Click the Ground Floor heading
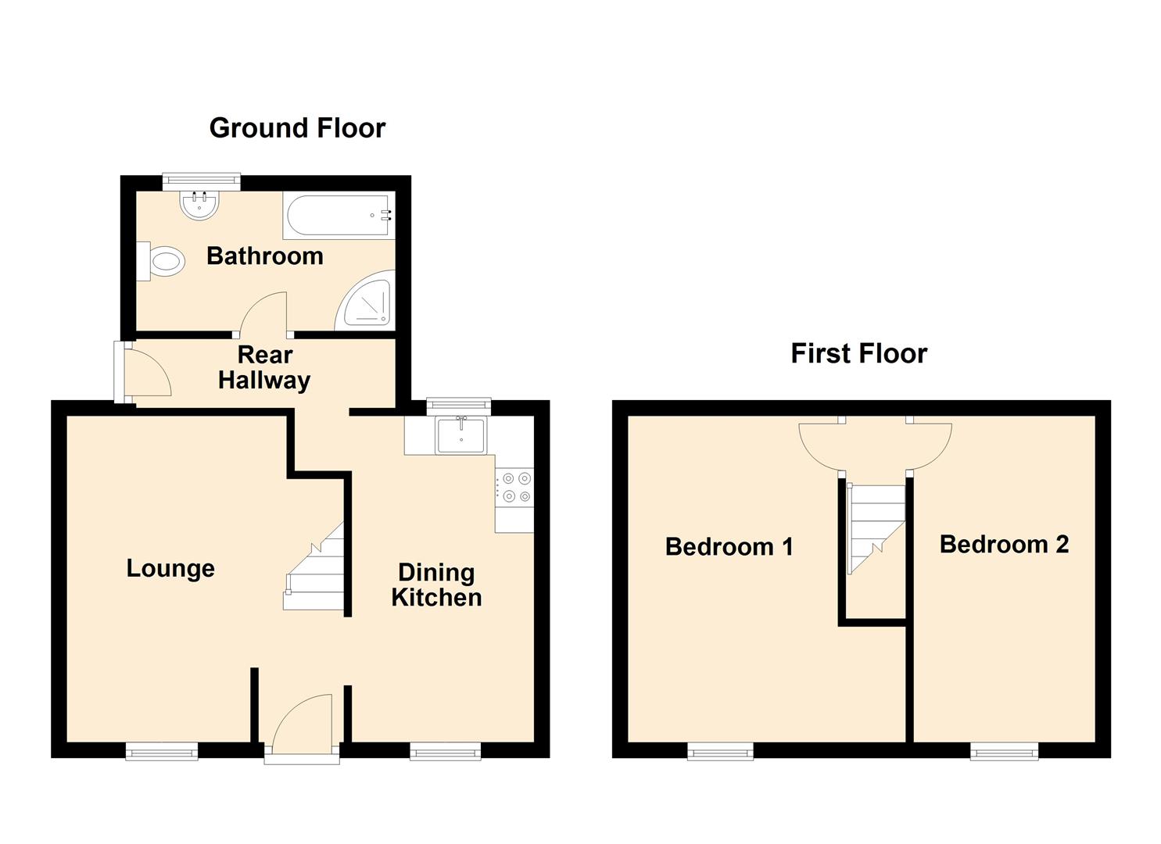coord(297,128)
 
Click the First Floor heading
coord(858,353)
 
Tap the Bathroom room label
coord(264,256)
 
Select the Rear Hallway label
coord(264,368)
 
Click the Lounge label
coord(170,568)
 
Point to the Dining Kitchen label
coord(436,585)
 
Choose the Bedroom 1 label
coord(729,546)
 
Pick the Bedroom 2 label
coord(1004,544)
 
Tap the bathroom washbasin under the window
coord(200,205)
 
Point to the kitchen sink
coord(461,435)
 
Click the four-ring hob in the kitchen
coord(515,487)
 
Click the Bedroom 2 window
coord(1005,752)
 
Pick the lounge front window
coord(162,752)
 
